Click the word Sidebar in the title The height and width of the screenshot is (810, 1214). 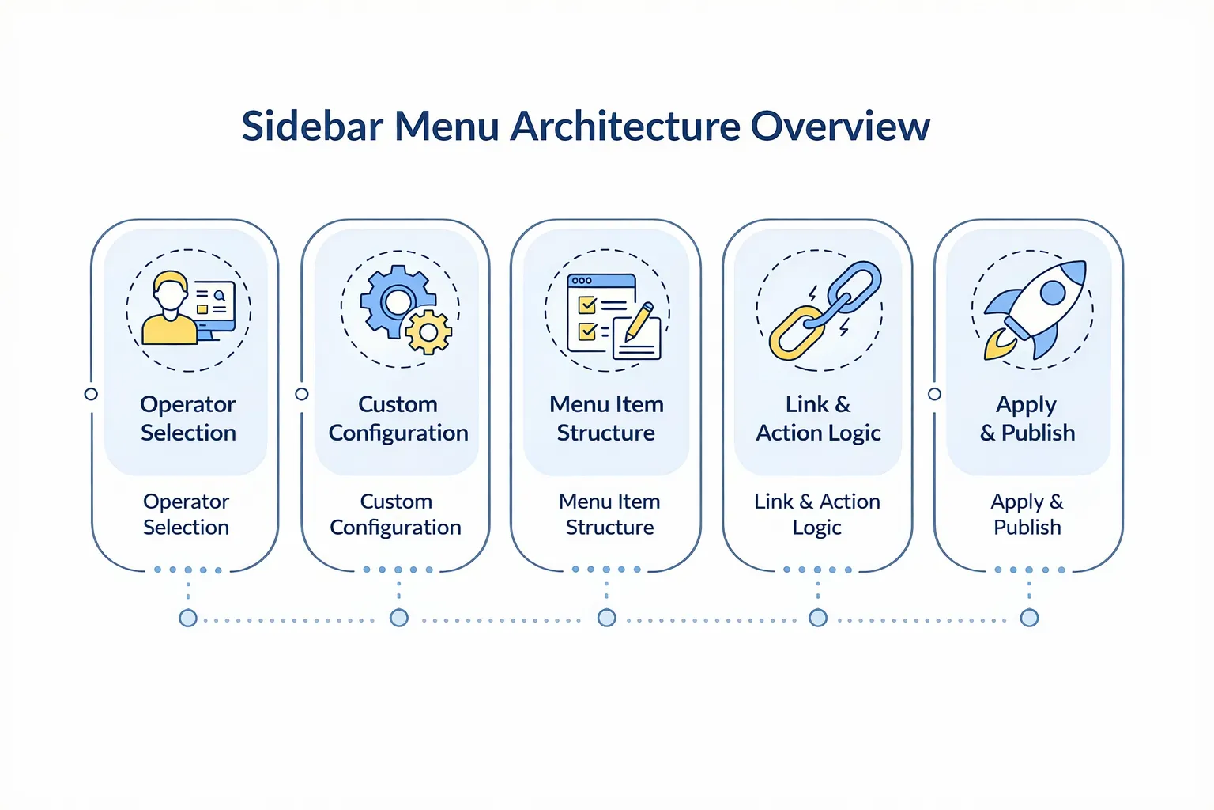point(312,127)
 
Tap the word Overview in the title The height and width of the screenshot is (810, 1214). point(840,127)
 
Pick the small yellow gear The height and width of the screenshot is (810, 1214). point(428,332)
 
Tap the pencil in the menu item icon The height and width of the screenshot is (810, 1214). point(639,320)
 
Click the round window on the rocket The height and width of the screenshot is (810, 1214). point(1052,293)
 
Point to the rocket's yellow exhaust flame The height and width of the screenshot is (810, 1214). point(997,346)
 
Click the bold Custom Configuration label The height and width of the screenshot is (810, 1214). point(398,418)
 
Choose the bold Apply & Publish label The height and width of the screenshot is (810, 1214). point(1027,418)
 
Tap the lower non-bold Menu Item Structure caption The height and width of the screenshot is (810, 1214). point(609,514)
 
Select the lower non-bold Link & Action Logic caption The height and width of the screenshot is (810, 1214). point(817,514)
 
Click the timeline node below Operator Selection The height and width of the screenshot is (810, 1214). point(188,618)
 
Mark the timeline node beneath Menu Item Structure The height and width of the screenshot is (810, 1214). point(606,618)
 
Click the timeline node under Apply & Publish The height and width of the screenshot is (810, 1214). point(1029,618)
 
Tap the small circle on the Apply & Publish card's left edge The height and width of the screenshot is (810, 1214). point(934,394)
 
